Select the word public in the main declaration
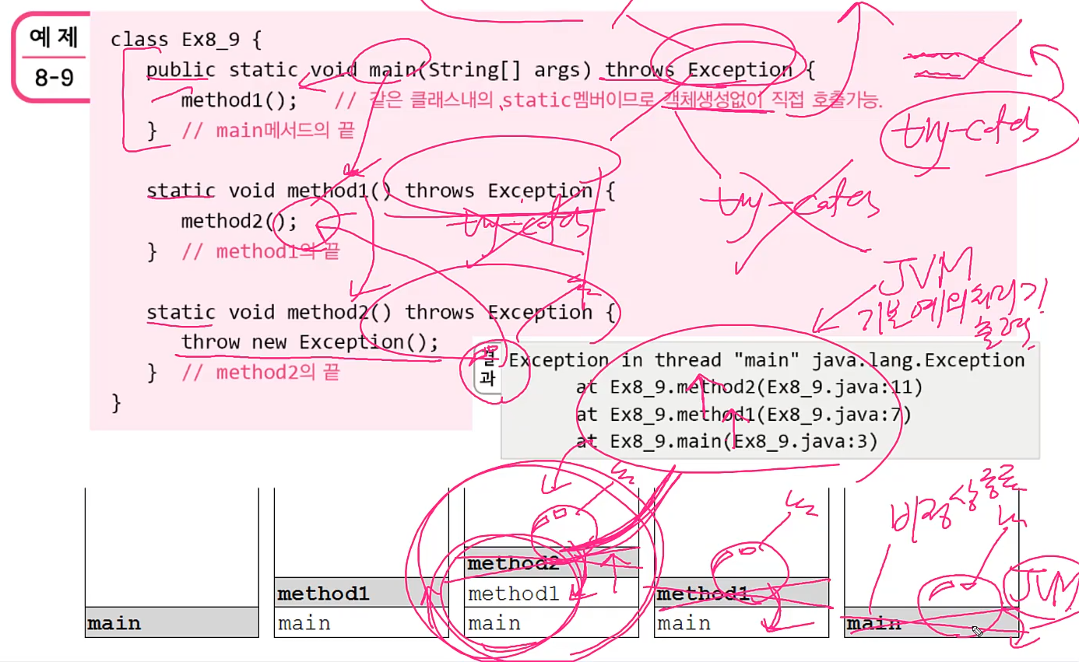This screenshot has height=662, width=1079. (x=181, y=70)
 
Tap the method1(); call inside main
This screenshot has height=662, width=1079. (x=239, y=101)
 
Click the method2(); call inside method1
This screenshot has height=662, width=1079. (x=239, y=222)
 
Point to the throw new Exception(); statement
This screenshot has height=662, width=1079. (x=310, y=342)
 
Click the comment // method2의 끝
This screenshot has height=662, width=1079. (x=260, y=373)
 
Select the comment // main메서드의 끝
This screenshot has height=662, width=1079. (x=268, y=131)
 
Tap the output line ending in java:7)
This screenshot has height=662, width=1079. (x=743, y=415)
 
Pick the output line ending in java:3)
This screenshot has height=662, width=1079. (x=726, y=442)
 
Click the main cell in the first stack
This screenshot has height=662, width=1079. (x=171, y=623)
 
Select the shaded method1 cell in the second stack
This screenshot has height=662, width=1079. (x=361, y=594)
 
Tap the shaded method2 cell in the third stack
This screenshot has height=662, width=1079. (x=551, y=563)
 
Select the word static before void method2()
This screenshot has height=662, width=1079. (x=181, y=312)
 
